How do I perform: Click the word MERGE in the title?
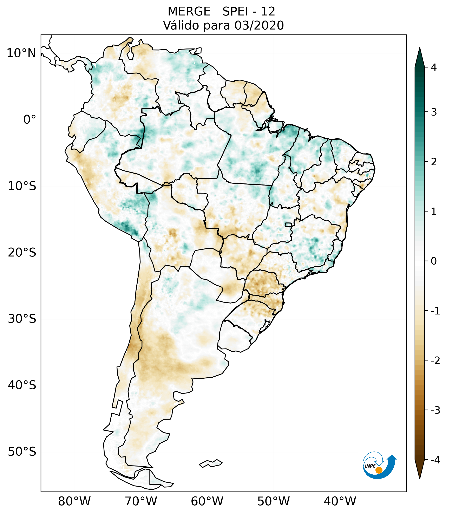coord(189,12)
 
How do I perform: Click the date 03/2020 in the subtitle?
coord(259,25)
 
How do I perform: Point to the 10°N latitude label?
coord(21,53)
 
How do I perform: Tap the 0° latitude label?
coord(30,120)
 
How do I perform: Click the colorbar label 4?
coord(434,67)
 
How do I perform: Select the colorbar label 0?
coord(434,261)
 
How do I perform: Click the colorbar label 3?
coord(434,112)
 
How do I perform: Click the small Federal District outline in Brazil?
coord(288,225)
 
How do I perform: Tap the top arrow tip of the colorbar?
coord(419,48)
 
